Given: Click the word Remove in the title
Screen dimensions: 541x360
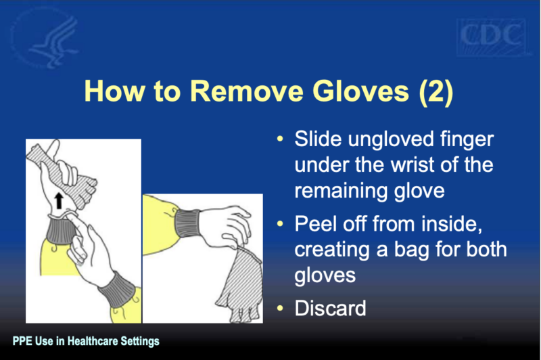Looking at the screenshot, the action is point(246,91).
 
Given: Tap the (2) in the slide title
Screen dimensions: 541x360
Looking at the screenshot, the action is point(436,92).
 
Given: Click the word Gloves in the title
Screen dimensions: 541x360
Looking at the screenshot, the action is point(360,91).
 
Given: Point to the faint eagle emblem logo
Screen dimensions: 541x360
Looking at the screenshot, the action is point(45,38).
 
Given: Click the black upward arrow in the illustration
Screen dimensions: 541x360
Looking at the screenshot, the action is point(59,200).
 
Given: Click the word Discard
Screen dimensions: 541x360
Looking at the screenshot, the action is point(330,308).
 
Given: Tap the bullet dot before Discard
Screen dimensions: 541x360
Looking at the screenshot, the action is point(280,308).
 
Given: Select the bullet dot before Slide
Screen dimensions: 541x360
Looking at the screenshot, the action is point(280,139).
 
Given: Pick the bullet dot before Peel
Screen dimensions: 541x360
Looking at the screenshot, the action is point(280,224).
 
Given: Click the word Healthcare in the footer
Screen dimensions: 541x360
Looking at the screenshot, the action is point(93,341).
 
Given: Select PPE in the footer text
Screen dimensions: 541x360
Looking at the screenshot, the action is point(23,341).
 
